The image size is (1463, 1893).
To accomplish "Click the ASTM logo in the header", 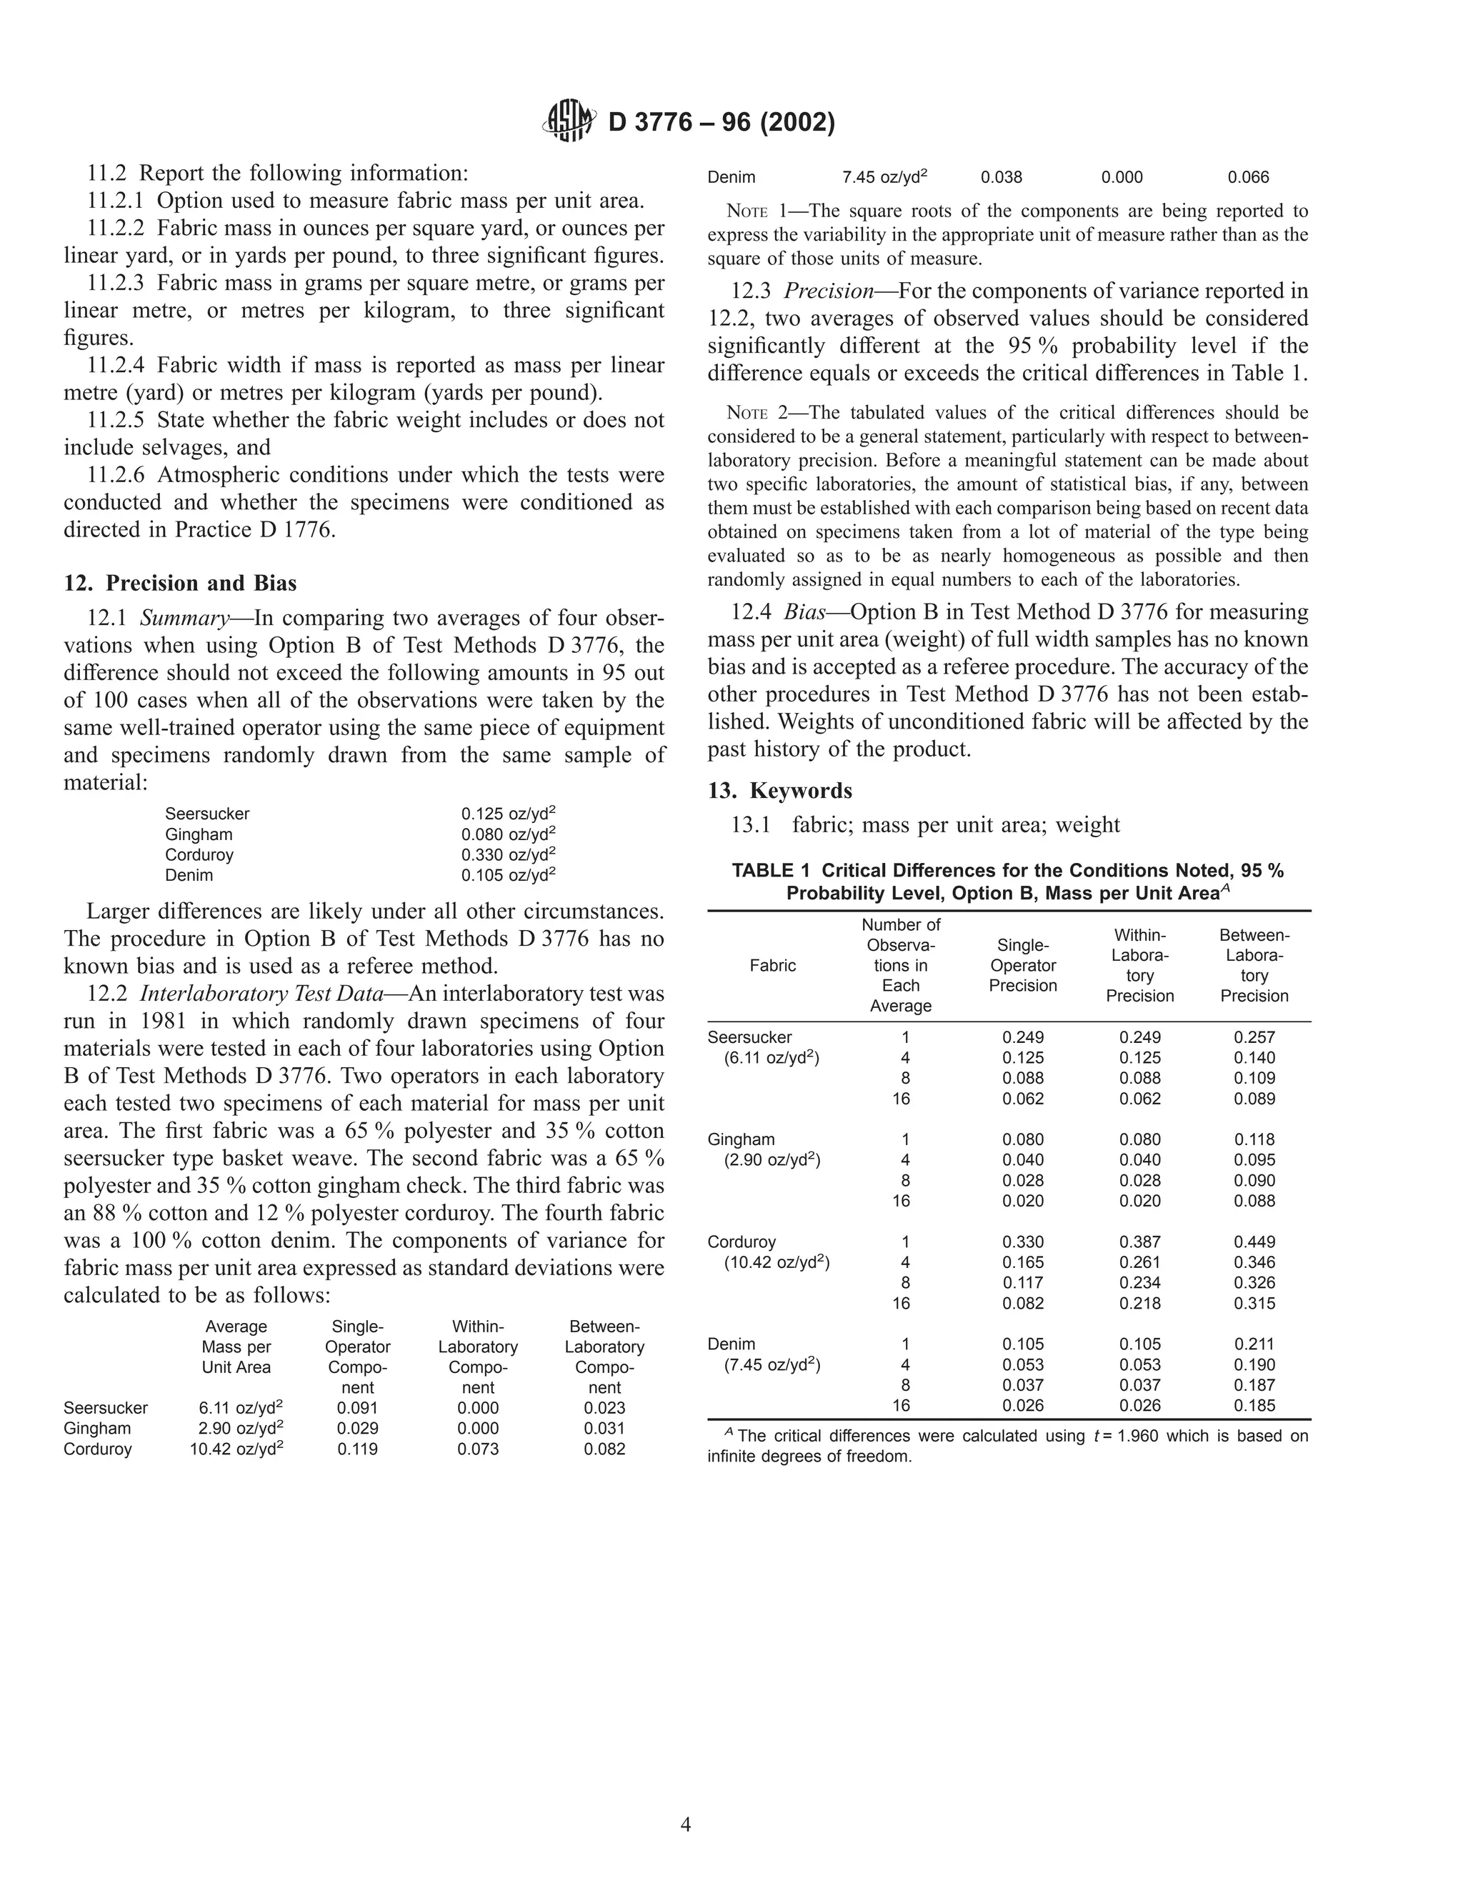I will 569,121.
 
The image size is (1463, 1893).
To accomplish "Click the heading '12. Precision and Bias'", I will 179,582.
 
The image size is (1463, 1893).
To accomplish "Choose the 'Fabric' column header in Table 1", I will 772,966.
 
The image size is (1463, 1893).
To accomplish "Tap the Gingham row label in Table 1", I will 741,1140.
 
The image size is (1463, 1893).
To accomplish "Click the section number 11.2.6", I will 118,475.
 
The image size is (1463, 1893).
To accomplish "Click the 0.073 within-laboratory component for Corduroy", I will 478,1449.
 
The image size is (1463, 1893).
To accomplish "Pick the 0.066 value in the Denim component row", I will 1248,178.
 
